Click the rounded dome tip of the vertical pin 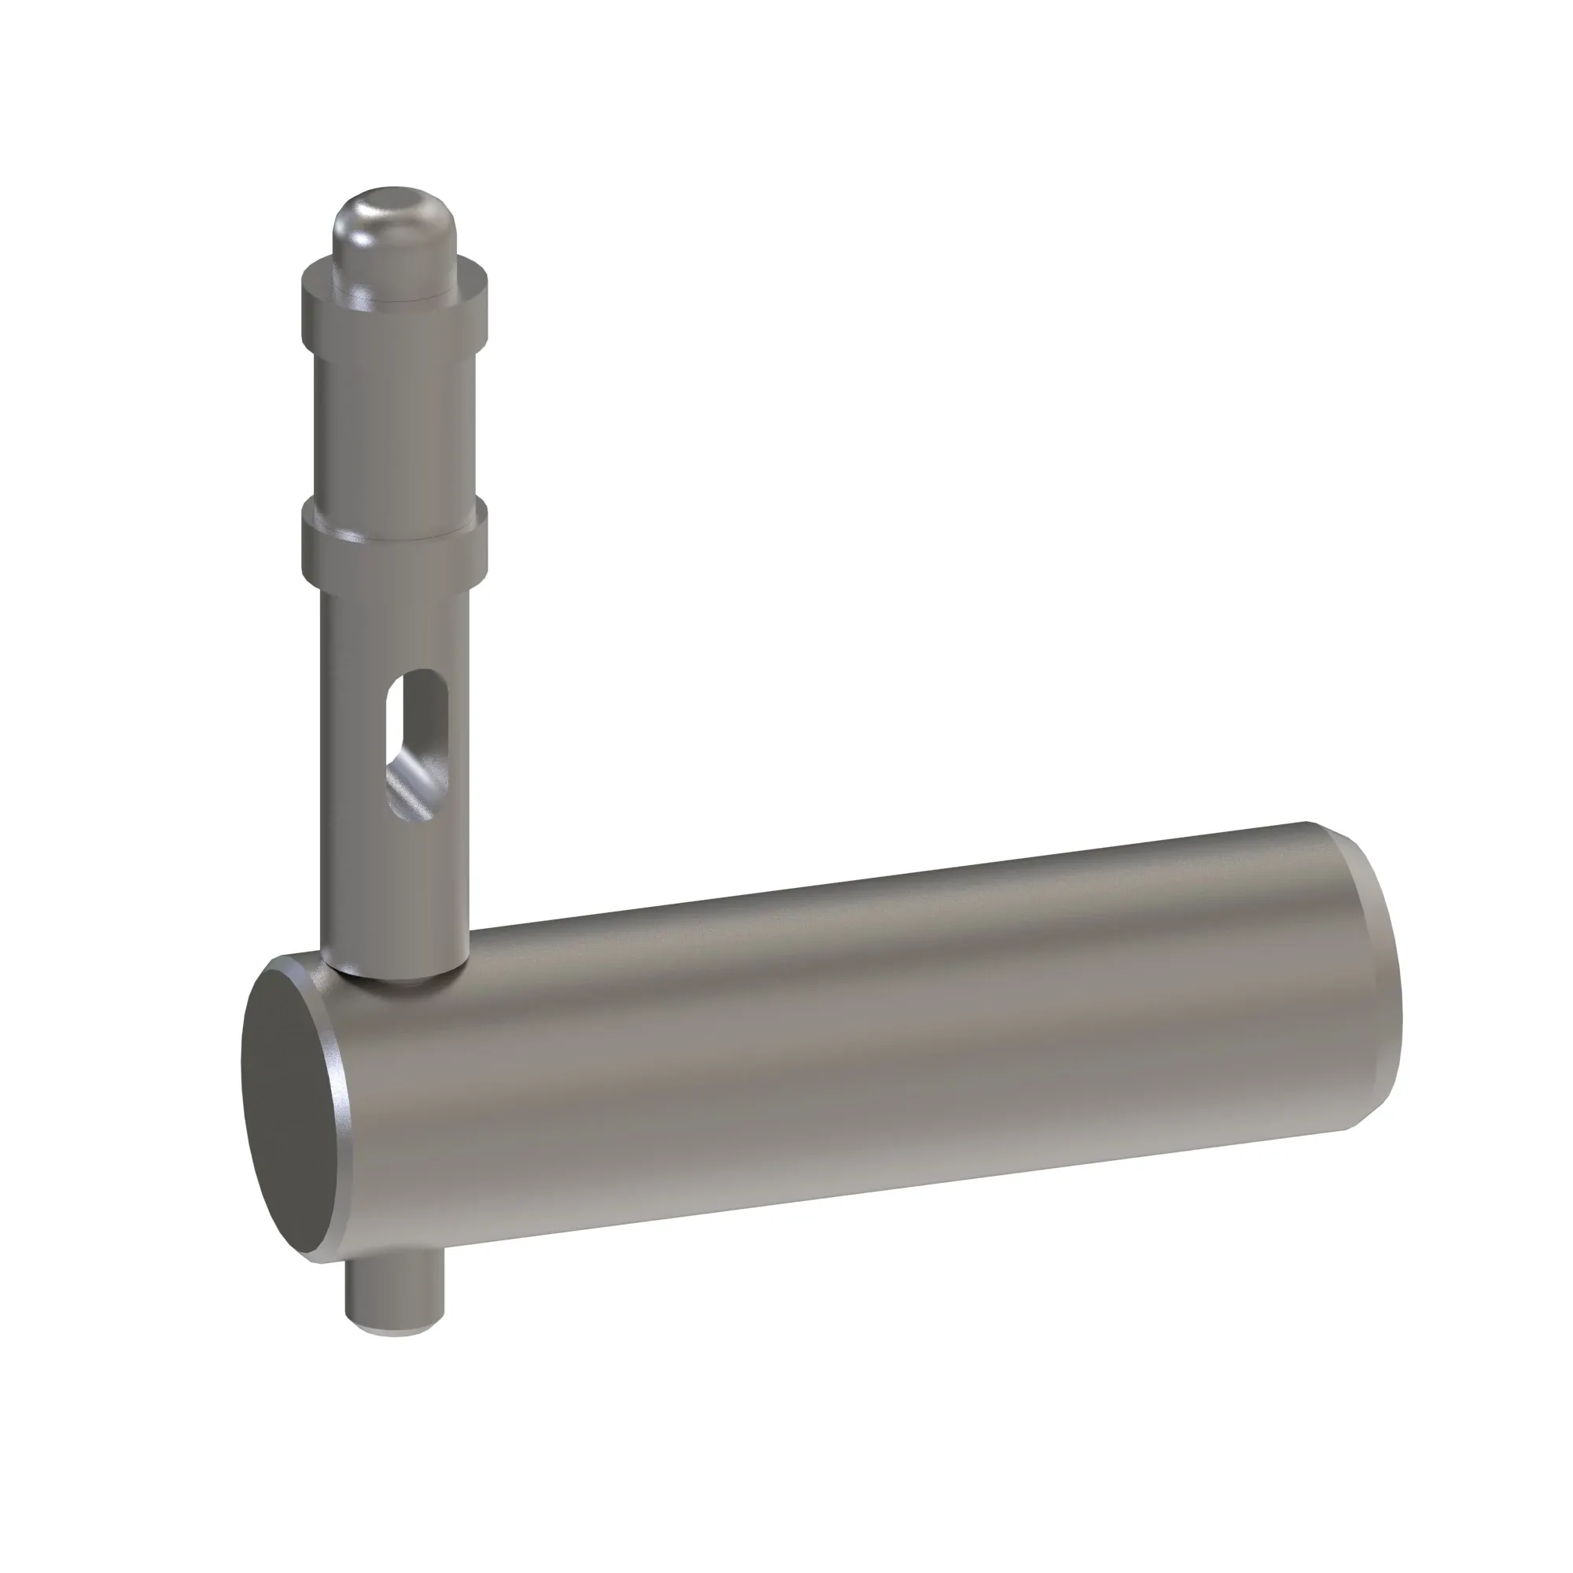[394, 245]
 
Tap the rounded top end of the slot [418, 680]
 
